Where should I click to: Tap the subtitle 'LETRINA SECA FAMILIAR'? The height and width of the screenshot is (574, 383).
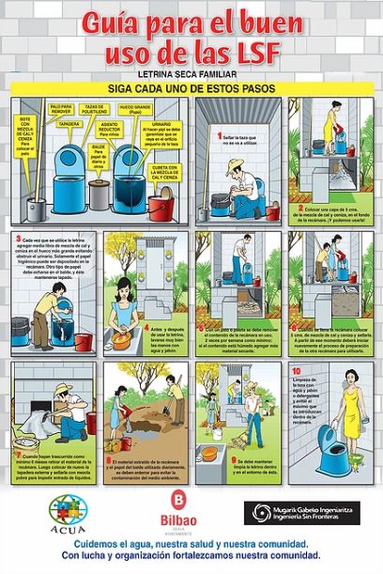coord(191,72)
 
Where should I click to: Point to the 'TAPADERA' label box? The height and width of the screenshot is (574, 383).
coord(68,121)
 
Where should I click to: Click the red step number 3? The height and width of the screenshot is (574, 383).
coord(20,239)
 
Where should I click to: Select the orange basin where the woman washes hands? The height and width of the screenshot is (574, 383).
coord(127,311)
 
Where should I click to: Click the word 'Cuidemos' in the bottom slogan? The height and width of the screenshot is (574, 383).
coord(102,543)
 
